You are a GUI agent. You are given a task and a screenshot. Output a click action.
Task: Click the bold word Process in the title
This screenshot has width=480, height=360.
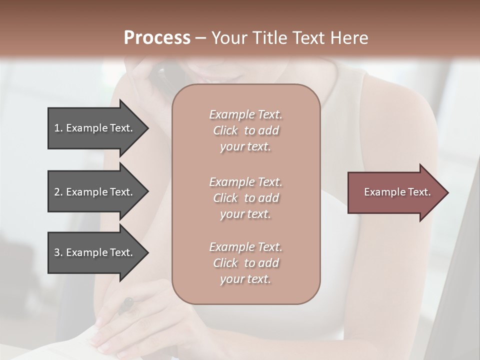click(157, 38)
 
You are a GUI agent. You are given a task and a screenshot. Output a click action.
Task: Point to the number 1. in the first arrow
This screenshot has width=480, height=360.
click(58, 128)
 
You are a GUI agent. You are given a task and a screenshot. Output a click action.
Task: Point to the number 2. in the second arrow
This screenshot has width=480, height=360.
click(58, 192)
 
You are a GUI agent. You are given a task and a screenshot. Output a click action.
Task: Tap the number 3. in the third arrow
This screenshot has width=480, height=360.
click(58, 252)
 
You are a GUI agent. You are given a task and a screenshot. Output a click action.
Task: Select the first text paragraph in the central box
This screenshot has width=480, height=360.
click(245, 130)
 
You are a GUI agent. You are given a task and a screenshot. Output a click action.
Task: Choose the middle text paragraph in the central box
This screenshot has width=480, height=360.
click(245, 197)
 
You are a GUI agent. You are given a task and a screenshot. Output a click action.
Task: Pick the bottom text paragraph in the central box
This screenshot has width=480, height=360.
click(245, 263)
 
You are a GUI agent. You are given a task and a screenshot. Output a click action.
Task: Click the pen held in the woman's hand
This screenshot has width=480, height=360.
click(126, 304)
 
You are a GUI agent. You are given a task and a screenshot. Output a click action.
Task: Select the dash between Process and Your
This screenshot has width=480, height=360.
click(200, 38)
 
